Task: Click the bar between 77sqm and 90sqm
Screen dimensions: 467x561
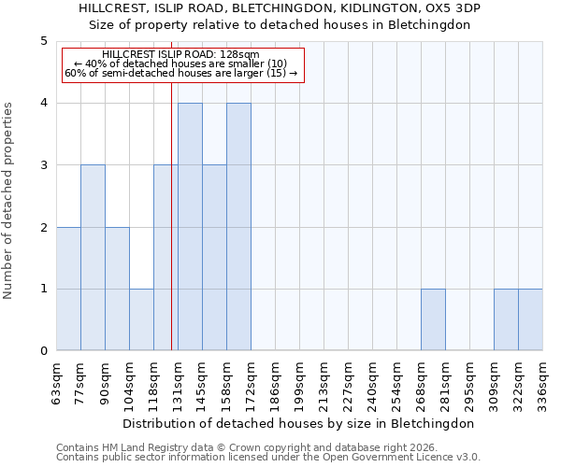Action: pyautogui.click(x=93, y=258)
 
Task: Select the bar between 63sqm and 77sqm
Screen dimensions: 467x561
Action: pyautogui.click(x=68, y=289)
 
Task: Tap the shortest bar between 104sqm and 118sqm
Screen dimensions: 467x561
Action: pyautogui.click(x=141, y=319)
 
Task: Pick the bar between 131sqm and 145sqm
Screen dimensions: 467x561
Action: pyautogui.click(x=190, y=227)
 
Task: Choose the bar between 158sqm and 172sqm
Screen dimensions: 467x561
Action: pyautogui.click(x=238, y=227)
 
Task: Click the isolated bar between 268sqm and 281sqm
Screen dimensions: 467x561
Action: pyautogui.click(x=433, y=319)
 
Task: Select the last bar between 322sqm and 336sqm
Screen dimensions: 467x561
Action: pyautogui.click(x=530, y=319)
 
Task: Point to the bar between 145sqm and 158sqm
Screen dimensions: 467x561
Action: pyautogui.click(x=214, y=258)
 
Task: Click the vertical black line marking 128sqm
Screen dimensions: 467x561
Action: pyautogui.click(x=171, y=215)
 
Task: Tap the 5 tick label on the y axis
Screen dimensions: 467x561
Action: pyautogui.click(x=44, y=41)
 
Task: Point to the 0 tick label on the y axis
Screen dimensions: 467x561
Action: pyautogui.click(x=44, y=351)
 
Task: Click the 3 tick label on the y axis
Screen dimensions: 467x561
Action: pyautogui.click(x=44, y=165)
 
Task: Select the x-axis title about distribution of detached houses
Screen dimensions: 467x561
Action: pyautogui.click(x=299, y=423)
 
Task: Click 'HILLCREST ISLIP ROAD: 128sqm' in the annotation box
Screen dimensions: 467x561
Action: pyautogui.click(x=180, y=55)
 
